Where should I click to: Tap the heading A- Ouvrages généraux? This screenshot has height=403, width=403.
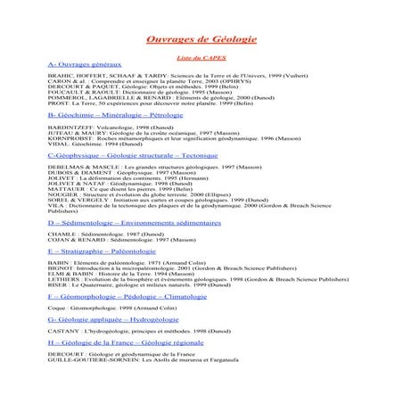85,66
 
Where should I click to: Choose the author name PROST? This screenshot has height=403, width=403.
57,103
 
